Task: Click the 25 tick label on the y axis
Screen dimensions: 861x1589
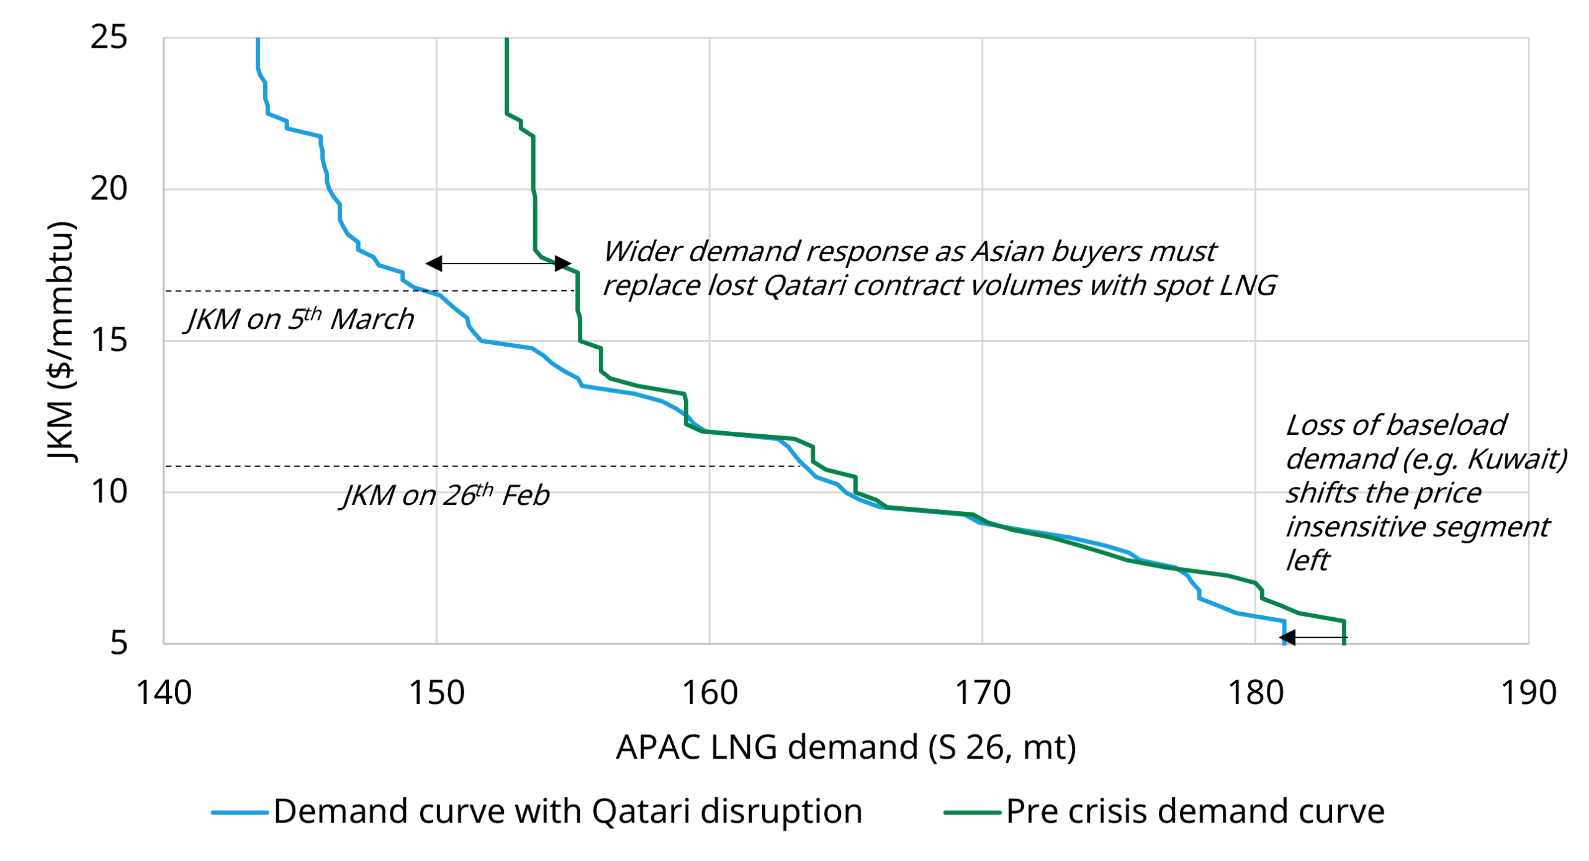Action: [x=109, y=37]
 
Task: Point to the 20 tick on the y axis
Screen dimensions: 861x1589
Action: [x=109, y=189]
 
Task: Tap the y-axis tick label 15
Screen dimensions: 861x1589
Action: [x=109, y=340]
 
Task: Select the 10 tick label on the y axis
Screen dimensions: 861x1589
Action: [x=109, y=491]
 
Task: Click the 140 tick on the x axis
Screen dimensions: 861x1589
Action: [x=163, y=693]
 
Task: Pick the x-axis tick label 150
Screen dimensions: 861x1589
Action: [x=436, y=693]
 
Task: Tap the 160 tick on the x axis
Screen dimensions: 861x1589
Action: [x=709, y=693]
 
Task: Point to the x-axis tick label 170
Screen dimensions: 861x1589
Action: [x=982, y=693]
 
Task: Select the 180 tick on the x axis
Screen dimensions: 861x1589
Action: [x=1254, y=693]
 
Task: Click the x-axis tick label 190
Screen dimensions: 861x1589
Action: [x=1528, y=693]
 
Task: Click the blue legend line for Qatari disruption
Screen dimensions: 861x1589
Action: [x=239, y=812]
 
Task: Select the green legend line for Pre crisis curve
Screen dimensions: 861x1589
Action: [x=971, y=812]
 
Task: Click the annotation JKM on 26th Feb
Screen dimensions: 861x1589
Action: [x=446, y=495]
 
